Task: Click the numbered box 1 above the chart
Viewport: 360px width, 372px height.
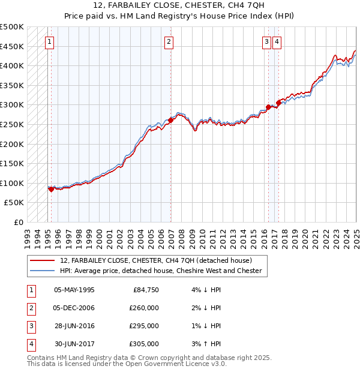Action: pos(49,42)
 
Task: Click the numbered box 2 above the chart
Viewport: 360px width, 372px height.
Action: pos(169,42)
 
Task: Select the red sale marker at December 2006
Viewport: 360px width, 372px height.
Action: pos(171,120)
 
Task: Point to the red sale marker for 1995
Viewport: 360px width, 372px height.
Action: pos(51,189)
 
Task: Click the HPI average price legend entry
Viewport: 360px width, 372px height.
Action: pos(161,271)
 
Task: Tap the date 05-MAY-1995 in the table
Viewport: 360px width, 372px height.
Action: pos(74,290)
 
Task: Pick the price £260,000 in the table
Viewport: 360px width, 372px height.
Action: pos(144,308)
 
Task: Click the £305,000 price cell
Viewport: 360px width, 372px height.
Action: pos(144,344)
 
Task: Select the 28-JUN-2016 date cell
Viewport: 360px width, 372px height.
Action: pos(74,326)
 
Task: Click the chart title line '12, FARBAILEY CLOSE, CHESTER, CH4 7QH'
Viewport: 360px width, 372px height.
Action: pos(179,7)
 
